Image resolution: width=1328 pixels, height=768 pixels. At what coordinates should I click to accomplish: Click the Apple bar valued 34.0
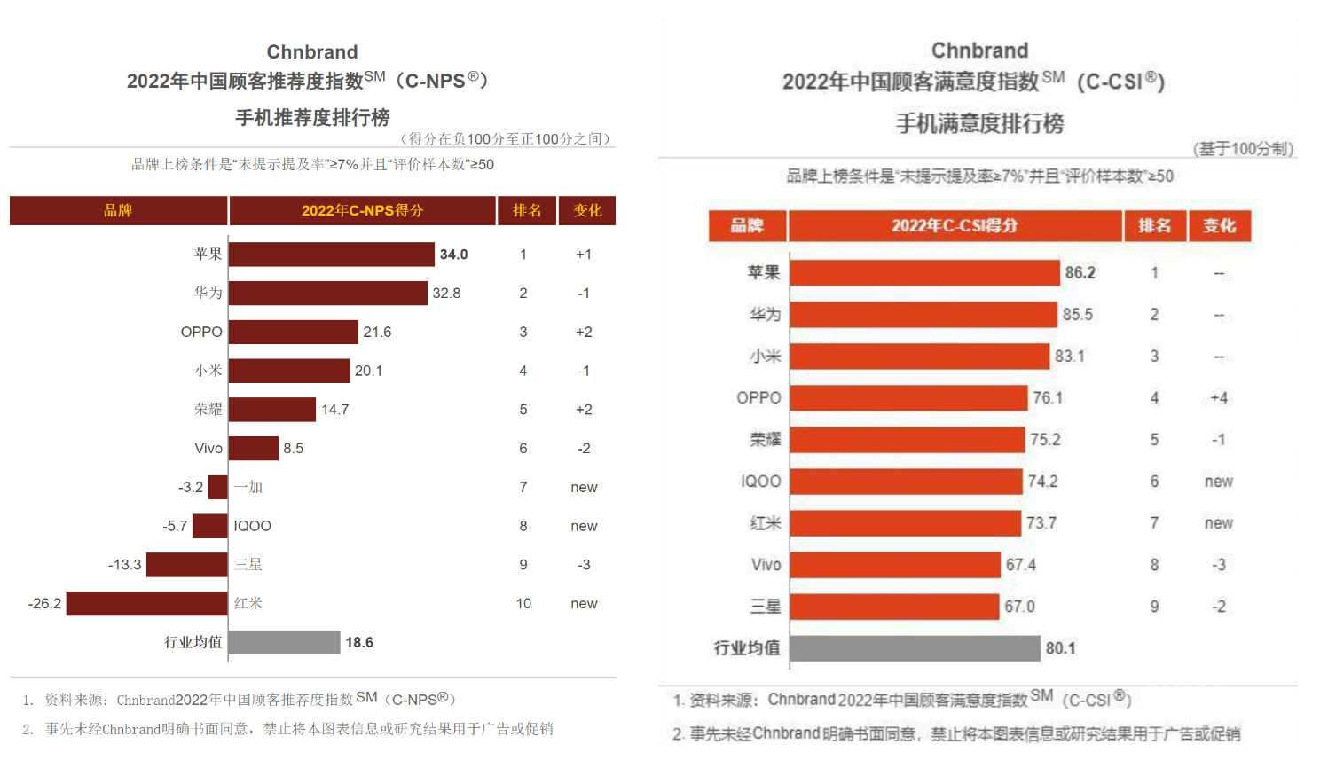[x=332, y=255]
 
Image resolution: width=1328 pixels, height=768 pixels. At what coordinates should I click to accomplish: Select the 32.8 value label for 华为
[x=446, y=294]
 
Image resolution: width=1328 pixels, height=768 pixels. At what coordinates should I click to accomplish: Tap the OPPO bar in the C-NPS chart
[x=294, y=332]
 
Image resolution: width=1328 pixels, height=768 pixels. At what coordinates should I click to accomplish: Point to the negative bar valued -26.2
[x=146, y=604]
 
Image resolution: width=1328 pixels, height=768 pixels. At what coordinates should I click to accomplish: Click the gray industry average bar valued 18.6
[x=285, y=642]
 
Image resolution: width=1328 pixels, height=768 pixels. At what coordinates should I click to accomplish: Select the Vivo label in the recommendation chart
[x=208, y=449]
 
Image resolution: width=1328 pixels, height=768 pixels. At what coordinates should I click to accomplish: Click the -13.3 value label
[x=124, y=565]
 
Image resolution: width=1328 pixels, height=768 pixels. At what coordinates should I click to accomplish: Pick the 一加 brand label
[x=248, y=487]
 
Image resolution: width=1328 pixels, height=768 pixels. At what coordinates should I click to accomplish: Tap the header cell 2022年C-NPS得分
[x=362, y=211]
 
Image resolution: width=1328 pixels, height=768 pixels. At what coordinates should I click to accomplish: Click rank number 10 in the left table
[x=523, y=604]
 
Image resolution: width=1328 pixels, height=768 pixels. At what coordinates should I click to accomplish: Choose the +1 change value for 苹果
[x=584, y=255]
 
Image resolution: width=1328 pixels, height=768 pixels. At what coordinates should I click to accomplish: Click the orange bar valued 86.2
[x=924, y=273]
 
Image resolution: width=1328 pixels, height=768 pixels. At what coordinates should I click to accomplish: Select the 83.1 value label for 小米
[x=1069, y=357]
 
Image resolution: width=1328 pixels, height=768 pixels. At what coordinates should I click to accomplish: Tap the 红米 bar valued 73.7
[x=905, y=523]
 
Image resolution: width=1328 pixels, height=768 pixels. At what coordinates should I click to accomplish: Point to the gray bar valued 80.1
[x=915, y=648]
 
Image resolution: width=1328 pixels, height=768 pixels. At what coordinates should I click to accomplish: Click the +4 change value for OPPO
[x=1219, y=398]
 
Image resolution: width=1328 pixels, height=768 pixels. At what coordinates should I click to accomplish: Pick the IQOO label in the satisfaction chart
[x=761, y=482]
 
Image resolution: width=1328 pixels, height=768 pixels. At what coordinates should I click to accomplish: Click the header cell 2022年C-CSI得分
[x=955, y=226]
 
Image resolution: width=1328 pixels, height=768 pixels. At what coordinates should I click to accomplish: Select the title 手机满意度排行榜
[x=979, y=123]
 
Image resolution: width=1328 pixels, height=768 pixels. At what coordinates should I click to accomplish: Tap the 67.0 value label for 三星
[x=1019, y=607]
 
